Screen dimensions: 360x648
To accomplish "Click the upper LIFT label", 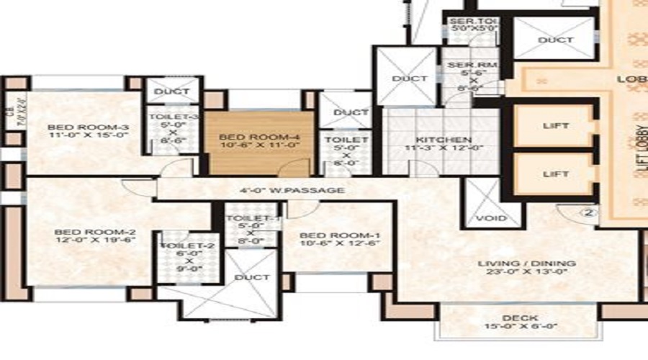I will pyautogui.click(x=554, y=126).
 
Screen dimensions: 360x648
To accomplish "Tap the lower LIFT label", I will pyautogui.click(x=554, y=174).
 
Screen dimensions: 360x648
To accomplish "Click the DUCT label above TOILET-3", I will pyautogui.click(x=171, y=91).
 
